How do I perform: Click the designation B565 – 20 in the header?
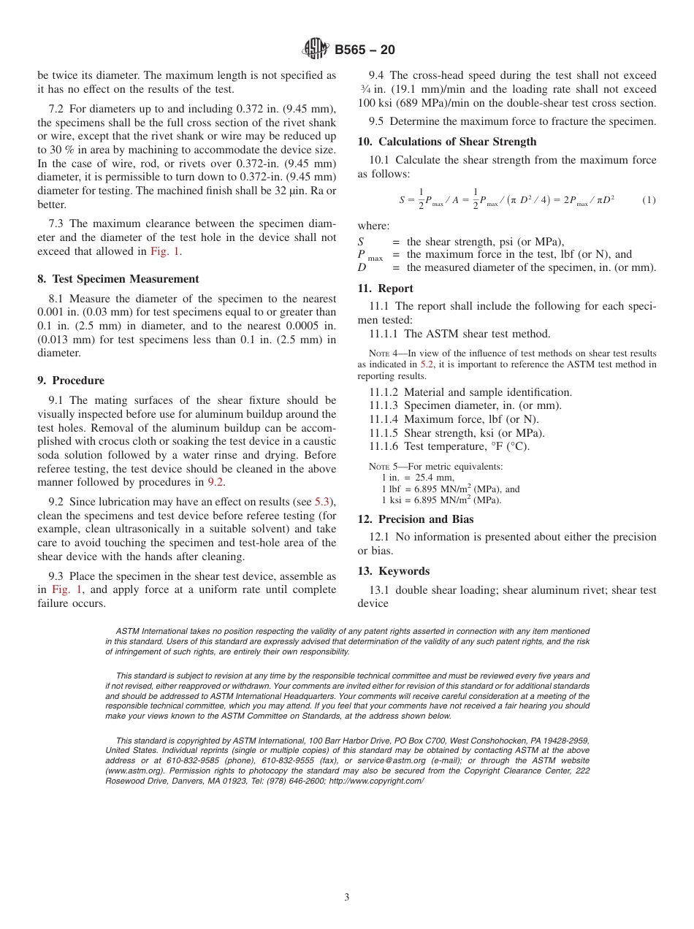coord(365,50)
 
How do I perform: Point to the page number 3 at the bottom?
coord(347,898)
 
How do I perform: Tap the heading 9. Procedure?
coord(71,381)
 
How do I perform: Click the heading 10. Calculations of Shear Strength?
coord(446,142)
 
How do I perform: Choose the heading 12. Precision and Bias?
coord(415,519)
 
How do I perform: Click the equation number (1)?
coord(649,199)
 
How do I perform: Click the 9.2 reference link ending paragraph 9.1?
coord(216,482)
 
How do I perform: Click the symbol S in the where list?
coord(361,242)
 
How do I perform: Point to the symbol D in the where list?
coord(361,267)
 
